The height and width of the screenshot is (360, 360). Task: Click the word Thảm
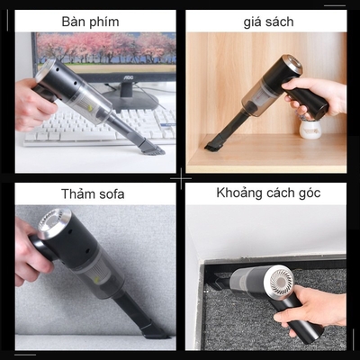point(73,193)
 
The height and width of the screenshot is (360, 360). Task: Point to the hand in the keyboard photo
point(34,103)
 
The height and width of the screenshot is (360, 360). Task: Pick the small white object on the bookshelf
point(310,128)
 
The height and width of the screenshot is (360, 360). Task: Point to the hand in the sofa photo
point(31,261)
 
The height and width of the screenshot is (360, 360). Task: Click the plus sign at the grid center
point(180,180)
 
